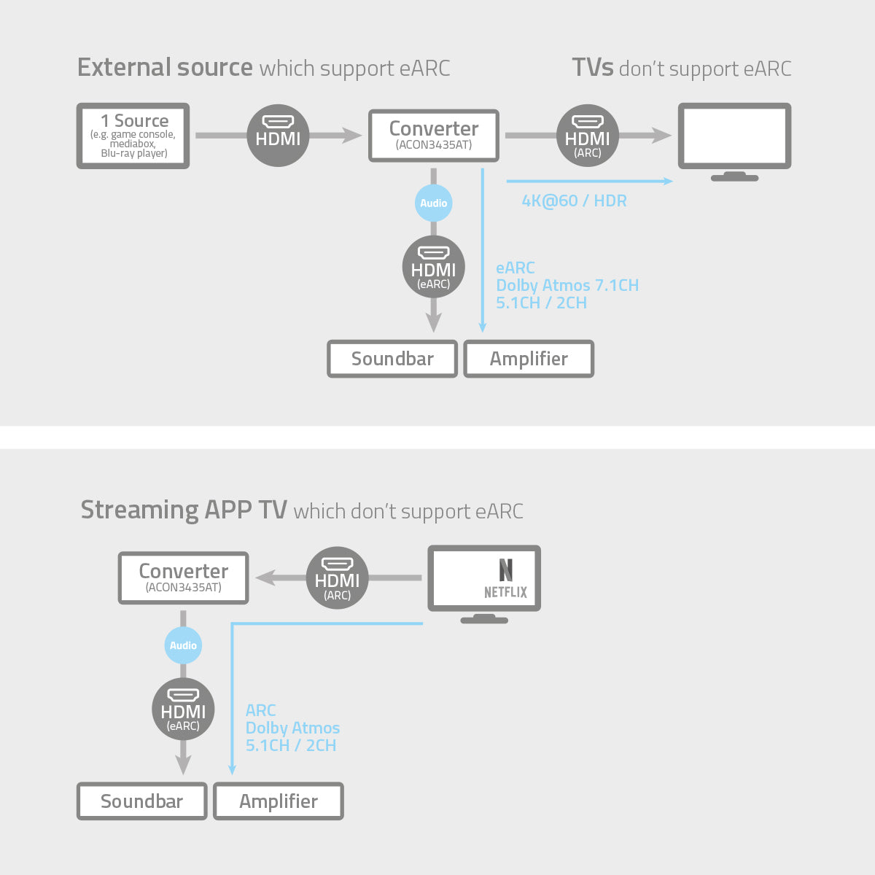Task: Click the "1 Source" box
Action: [133, 136]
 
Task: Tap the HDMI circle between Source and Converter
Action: [278, 136]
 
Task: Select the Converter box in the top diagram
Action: [434, 136]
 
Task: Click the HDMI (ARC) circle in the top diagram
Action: [588, 136]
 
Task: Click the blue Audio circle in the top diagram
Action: [434, 203]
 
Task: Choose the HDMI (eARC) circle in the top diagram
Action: [434, 267]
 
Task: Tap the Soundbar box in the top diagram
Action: [392, 359]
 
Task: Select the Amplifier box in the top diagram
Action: [529, 359]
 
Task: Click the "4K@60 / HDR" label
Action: [574, 201]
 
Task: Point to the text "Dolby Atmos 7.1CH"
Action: [567, 285]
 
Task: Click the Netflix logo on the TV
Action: [505, 579]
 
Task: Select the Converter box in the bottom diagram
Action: [183, 578]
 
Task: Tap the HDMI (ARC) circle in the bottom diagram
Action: [337, 578]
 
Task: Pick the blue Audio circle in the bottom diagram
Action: [183, 645]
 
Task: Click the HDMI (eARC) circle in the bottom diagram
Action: [183, 709]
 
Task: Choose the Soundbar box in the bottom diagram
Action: [141, 801]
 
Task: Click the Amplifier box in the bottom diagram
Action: [279, 801]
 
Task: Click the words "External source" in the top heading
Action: [165, 68]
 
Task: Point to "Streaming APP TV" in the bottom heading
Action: [184, 510]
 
